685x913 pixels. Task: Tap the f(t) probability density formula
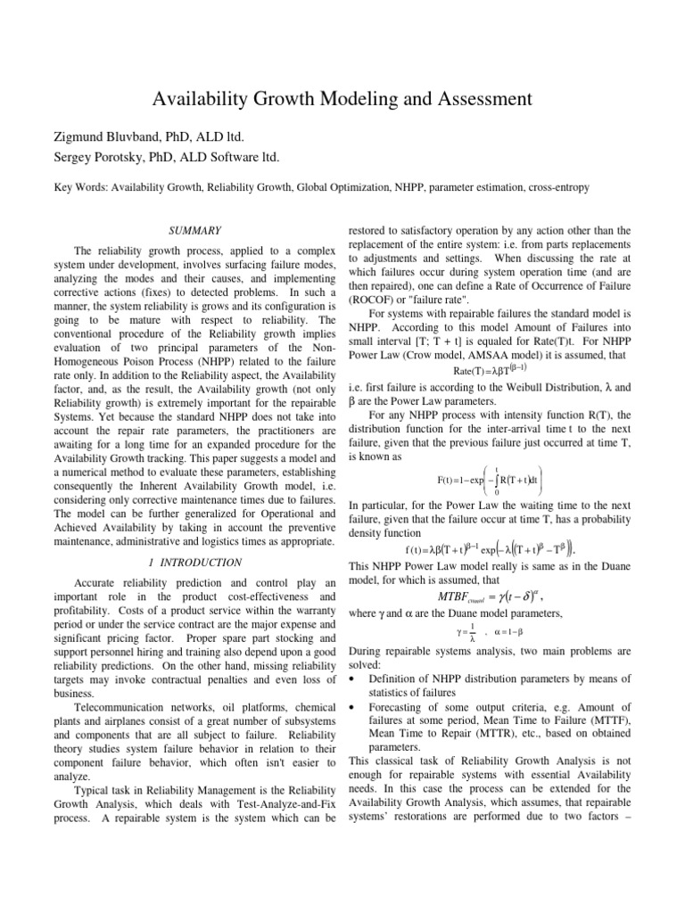point(492,547)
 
